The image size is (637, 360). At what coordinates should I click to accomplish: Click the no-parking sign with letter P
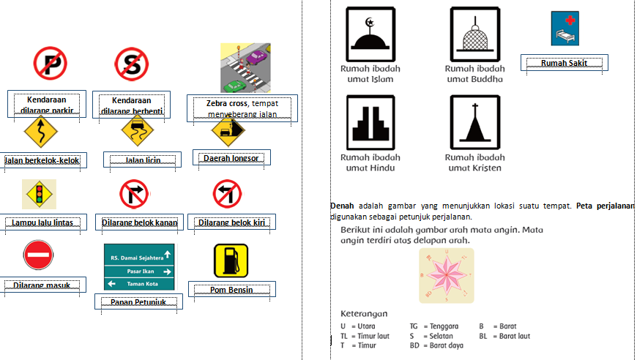[x=50, y=64]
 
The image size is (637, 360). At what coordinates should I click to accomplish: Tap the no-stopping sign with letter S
[x=132, y=64]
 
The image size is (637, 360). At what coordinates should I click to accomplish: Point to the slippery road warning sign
[x=137, y=132]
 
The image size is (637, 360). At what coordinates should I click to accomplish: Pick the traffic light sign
[x=40, y=194]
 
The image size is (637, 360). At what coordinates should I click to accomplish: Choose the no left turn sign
[x=228, y=195]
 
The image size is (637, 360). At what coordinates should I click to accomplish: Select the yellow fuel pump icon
[x=231, y=260]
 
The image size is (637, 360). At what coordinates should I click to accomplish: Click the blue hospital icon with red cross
[x=565, y=29]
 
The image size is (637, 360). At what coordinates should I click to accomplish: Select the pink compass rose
[x=447, y=274]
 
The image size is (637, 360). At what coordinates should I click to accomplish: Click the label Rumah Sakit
[x=565, y=64]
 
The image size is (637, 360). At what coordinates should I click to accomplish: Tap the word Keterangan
[x=364, y=313]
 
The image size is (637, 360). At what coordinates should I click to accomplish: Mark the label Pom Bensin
[x=232, y=290]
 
